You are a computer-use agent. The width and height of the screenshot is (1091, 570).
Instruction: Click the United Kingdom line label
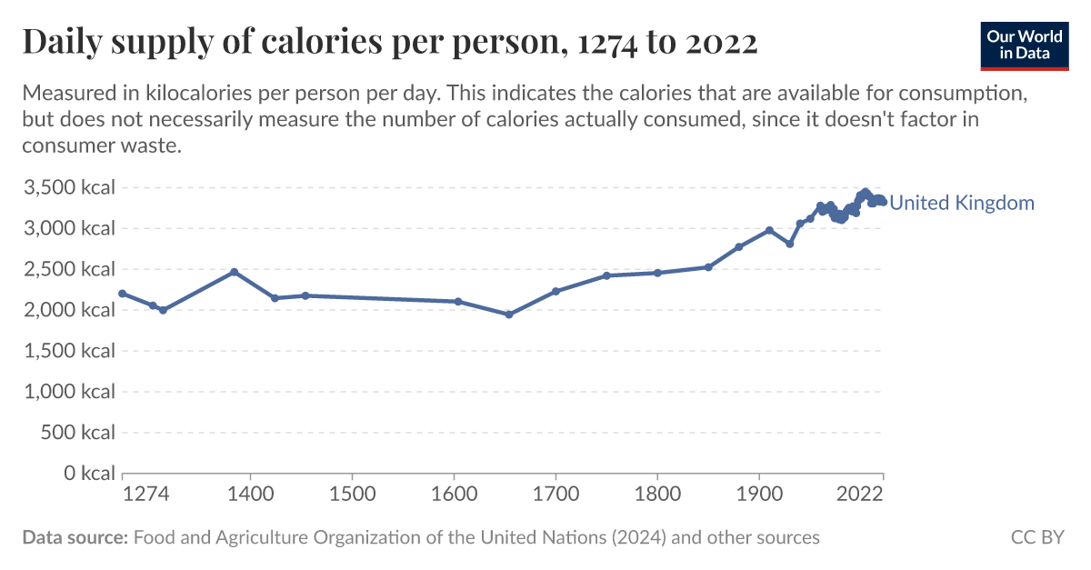click(961, 203)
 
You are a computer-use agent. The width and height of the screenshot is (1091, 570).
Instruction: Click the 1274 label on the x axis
click(147, 494)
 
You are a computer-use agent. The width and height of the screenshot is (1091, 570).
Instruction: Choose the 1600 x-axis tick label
click(454, 494)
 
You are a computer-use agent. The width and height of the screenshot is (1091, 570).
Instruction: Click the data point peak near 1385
click(235, 272)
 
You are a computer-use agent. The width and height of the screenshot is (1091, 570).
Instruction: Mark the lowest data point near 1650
click(509, 315)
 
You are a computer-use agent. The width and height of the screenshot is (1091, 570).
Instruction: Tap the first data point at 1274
click(123, 294)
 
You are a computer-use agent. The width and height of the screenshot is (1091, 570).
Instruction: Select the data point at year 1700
click(556, 291)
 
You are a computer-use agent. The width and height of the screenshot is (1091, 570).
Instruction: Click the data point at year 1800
click(657, 273)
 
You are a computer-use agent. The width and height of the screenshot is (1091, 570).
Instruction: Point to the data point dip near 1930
click(790, 244)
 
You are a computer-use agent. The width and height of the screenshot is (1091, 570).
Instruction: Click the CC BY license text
click(1036, 537)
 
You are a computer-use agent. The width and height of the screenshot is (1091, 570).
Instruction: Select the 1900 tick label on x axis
click(759, 494)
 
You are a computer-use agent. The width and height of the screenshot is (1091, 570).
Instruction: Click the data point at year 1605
click(458, 302)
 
